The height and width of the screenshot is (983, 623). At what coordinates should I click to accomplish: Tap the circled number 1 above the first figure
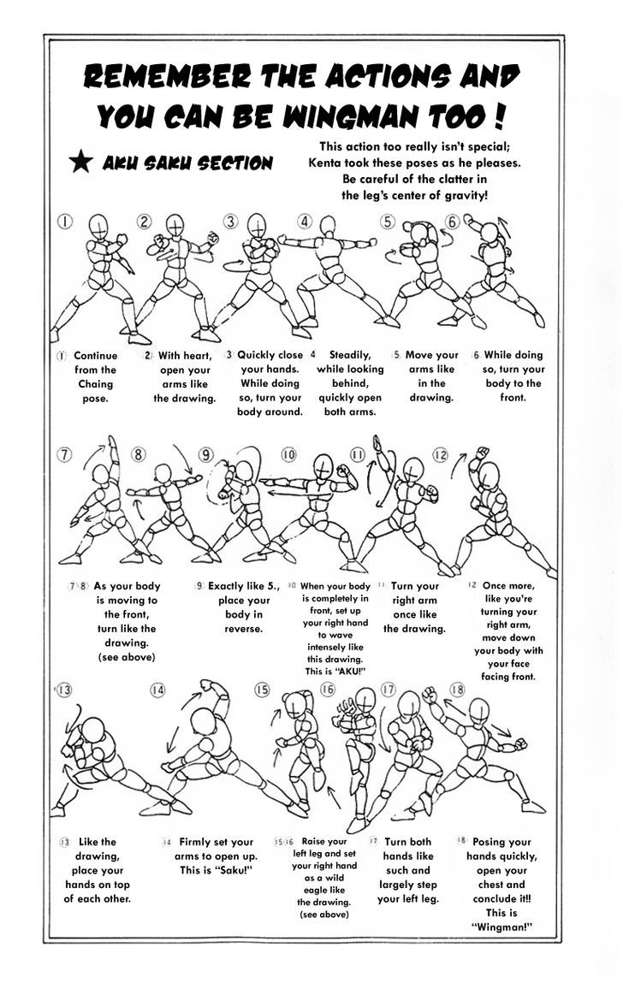click(63, 222)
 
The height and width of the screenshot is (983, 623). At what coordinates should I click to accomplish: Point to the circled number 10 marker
click(288, 454)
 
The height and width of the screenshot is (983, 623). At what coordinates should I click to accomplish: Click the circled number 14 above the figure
click(157, 690)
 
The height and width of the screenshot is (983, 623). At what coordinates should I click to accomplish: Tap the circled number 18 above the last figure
click(456, 690)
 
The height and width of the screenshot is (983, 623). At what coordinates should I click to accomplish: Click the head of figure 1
click(100, 227)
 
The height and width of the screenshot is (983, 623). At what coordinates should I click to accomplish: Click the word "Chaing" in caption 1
click(95, 384)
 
